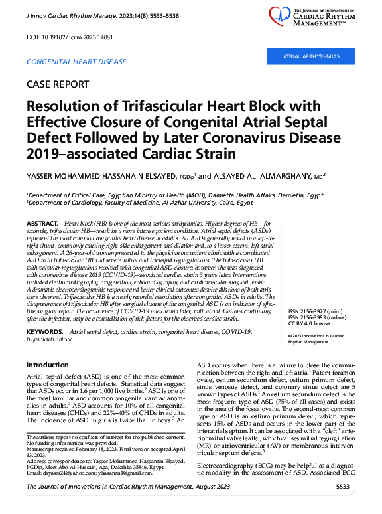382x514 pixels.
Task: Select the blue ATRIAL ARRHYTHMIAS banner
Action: click(x=311, y=57)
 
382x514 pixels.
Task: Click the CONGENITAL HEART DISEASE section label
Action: click(x=76, y=62)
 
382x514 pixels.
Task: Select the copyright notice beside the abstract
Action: click(x=316, y=320)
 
